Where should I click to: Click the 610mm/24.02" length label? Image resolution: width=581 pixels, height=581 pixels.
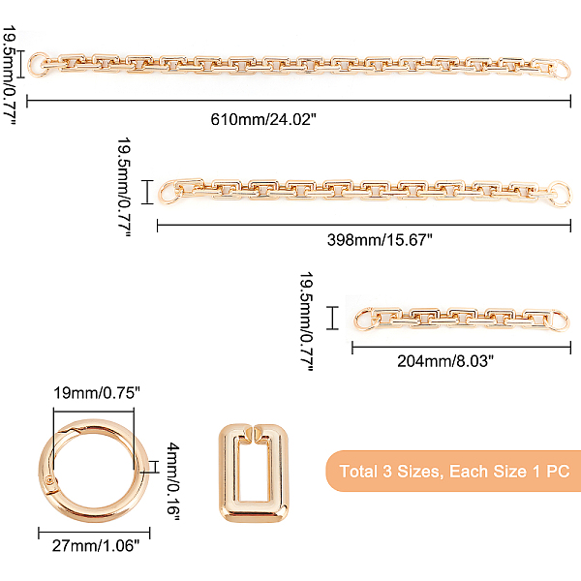(263, 119)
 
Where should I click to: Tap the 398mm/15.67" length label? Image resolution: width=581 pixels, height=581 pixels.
(380, 240)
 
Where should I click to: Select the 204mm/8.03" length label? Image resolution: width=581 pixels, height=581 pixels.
(445, 361)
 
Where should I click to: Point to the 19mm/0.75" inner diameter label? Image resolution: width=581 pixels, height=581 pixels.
(97, 393)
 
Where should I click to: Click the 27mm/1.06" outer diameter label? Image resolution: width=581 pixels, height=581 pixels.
(96, 546)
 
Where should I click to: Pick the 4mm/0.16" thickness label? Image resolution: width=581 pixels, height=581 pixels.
(172, 481)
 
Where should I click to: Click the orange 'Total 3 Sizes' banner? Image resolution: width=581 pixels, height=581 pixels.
(453, 472)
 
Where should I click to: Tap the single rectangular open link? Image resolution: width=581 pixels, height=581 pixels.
(225, 474)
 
